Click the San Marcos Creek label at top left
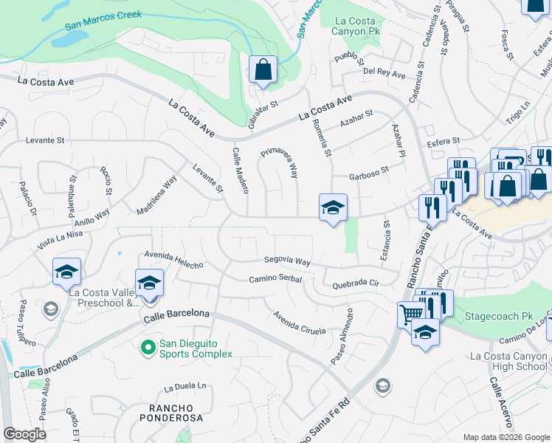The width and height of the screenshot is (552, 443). coord(103,19)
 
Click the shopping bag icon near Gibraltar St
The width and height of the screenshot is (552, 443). coord(263,70)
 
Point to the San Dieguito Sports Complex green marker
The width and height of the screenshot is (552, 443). coord(148,346)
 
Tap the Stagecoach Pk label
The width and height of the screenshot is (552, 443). coord(498,316)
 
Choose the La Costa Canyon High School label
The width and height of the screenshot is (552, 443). coord(509,362)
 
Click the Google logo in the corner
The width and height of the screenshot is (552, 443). coord(24,434)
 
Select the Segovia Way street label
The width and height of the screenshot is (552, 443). coord(287,261)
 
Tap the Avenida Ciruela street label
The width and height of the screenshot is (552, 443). coord(299,323)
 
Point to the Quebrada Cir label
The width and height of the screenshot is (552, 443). coord(355,284)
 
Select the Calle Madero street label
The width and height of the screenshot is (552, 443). coord(240,171)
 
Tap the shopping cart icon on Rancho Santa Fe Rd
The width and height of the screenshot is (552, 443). coord(410,315)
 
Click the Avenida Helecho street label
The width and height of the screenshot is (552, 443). coord(173,260)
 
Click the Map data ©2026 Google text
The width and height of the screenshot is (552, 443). coord(506,436)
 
